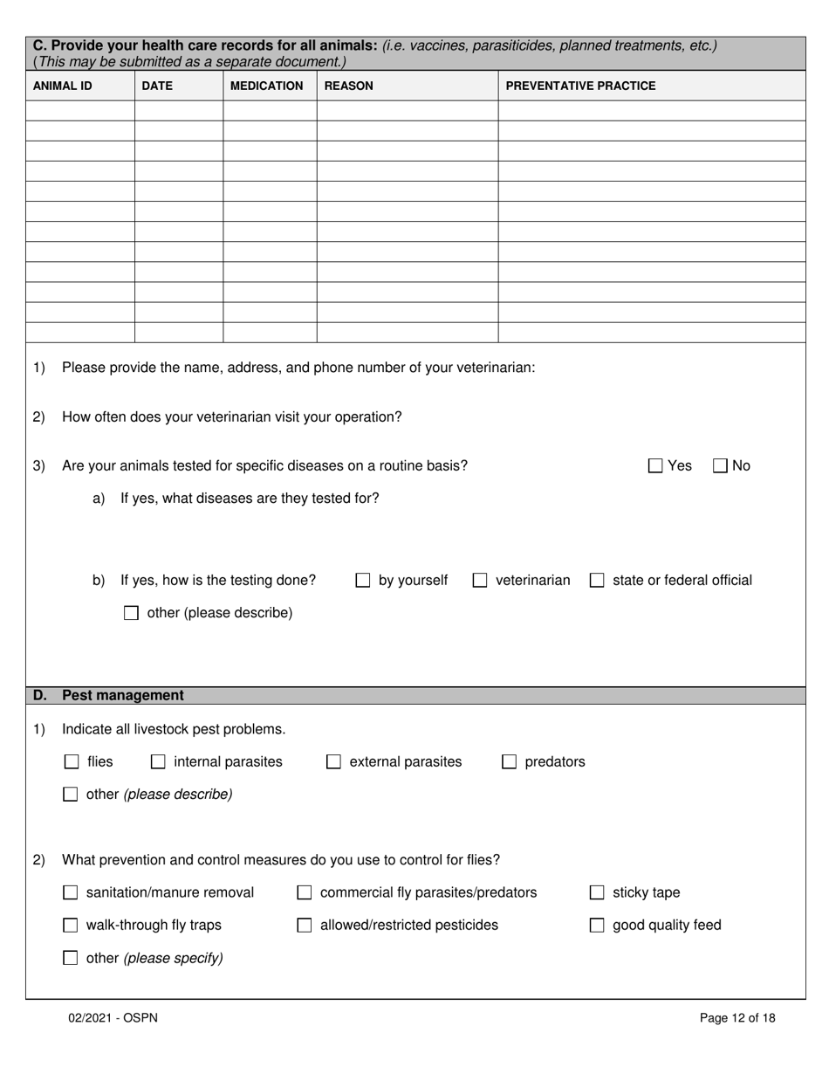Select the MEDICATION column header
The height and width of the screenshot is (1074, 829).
click(266, 86)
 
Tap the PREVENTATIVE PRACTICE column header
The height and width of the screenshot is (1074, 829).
click(580, 86)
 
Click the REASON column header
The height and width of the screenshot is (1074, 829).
click(348, 86)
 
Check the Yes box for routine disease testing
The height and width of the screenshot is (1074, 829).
click(655, 466)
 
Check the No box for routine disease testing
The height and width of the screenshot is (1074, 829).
click(720, 466)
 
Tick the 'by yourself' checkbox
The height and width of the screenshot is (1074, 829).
click(363, 581)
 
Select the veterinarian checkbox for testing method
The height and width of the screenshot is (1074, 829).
click(480, 581)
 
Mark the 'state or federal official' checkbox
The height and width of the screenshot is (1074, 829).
click(597, 581)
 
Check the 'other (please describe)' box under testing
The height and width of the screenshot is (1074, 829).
click(131, 613)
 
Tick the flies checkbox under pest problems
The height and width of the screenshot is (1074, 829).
click(72, 762)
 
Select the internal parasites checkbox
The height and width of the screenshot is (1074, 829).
click(158, 762)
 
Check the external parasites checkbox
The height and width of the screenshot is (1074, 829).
click(333, 762)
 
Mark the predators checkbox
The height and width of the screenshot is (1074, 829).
click(509, 762)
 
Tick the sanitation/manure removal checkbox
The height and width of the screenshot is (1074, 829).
click(71, 892)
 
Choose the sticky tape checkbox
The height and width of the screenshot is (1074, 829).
click(597, 892)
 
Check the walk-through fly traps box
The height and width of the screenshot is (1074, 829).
click(71, 926)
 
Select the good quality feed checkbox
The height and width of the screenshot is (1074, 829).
click(597, 926)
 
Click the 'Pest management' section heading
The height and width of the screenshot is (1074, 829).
click(122, 696)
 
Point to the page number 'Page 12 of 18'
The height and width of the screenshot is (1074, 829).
click(737, 1017)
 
